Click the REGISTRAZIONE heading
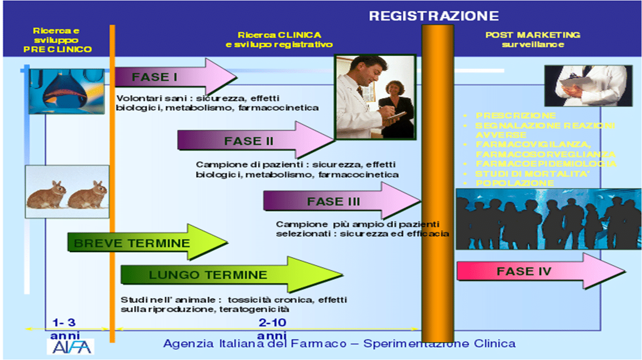[433, 15]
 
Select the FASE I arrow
[174, 77]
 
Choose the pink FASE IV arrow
[535, 271]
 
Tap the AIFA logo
[70, 346]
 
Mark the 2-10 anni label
[272, 329]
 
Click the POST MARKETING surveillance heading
[533, 39]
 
